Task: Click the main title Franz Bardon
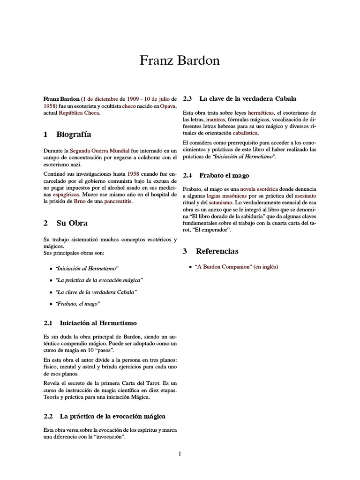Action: (x=180, y=61)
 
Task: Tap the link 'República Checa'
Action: (x=79, y=113)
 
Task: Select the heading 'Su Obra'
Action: (x=72, y=223)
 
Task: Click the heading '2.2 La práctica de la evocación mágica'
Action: (x=104, y=416)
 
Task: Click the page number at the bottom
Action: (x=180, y=453)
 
